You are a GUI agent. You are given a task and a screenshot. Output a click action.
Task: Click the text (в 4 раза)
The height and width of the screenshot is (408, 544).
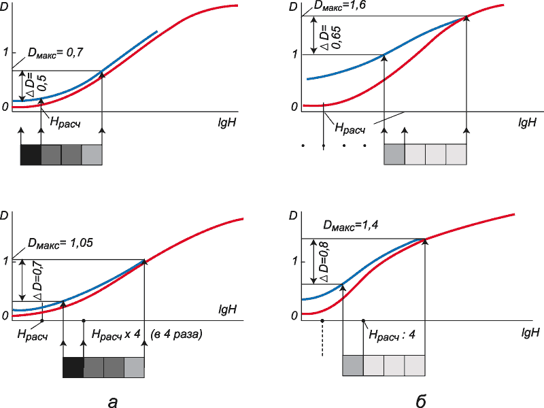tap(177, 336)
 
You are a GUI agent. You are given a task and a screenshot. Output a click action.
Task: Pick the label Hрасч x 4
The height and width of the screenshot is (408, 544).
tap(115, 336)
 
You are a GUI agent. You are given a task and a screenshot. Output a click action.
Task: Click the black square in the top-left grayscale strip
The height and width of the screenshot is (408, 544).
tap(31, 155)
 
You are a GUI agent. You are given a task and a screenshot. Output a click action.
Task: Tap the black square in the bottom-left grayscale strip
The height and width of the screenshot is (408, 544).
tap(73, 368)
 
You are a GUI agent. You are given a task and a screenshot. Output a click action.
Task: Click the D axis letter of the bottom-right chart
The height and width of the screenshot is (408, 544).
tap(293, 216)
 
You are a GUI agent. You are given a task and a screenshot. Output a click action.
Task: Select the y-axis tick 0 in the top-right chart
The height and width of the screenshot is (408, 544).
tap(294, 107)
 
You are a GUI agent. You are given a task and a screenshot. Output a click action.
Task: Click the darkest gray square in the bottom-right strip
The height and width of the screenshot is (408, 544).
tap(353, 365)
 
